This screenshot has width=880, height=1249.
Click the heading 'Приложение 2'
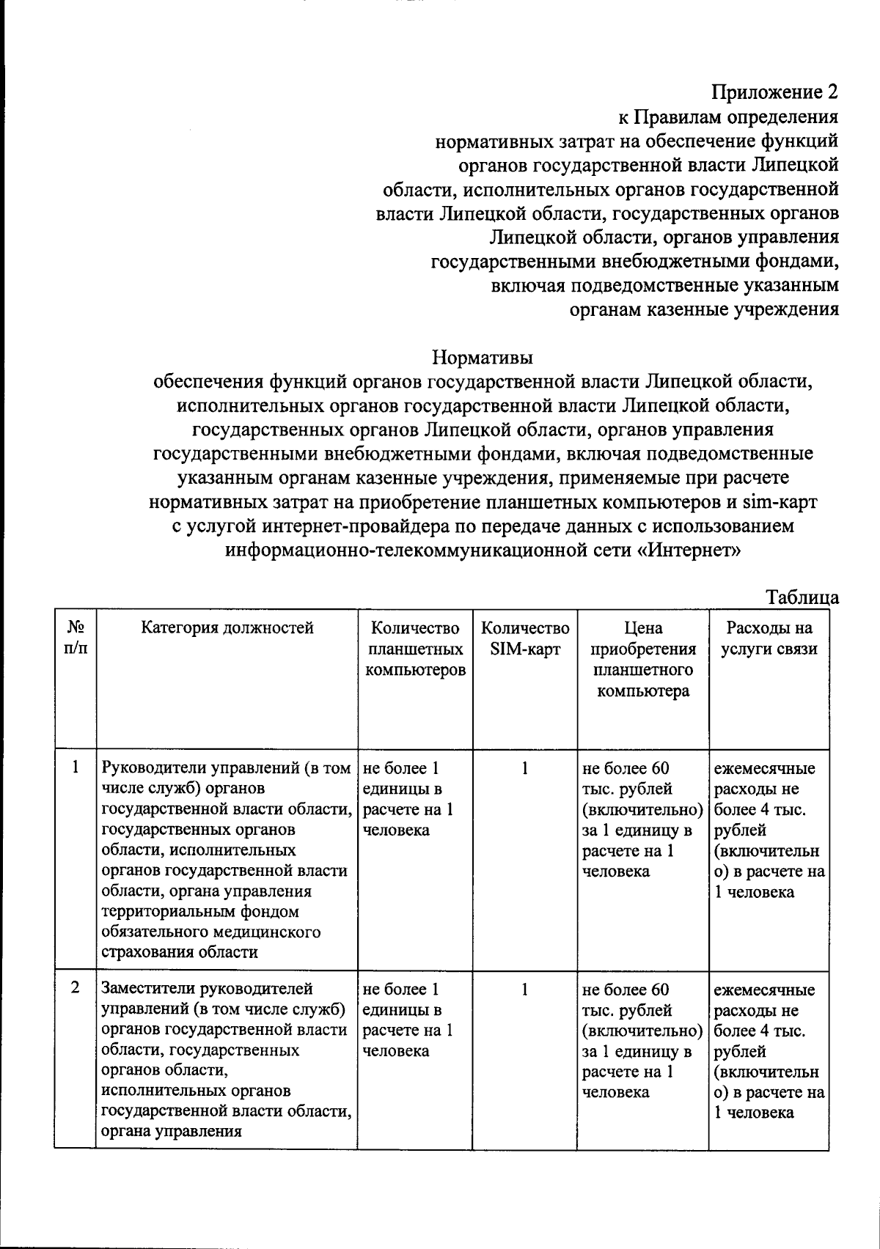[x=774, y=92]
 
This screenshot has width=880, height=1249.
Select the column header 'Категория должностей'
[x=227, y=627]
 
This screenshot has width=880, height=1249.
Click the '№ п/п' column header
[x=75, y=638]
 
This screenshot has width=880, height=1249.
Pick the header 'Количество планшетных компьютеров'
[x=415, y=649]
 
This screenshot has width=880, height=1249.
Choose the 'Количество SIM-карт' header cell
[x=525, y=638]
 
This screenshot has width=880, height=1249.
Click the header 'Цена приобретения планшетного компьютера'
[x=643, y=659]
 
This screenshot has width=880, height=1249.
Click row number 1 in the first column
[x=75, y=768]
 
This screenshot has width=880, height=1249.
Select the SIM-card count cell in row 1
[x=525, y=768]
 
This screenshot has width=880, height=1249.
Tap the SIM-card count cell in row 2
[x=525, y=989]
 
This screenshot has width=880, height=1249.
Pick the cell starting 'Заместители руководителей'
[x=226, y=1059]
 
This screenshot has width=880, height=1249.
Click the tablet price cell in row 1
[x=642, y=819]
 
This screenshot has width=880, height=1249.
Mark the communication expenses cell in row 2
[x=769, y=1050]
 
